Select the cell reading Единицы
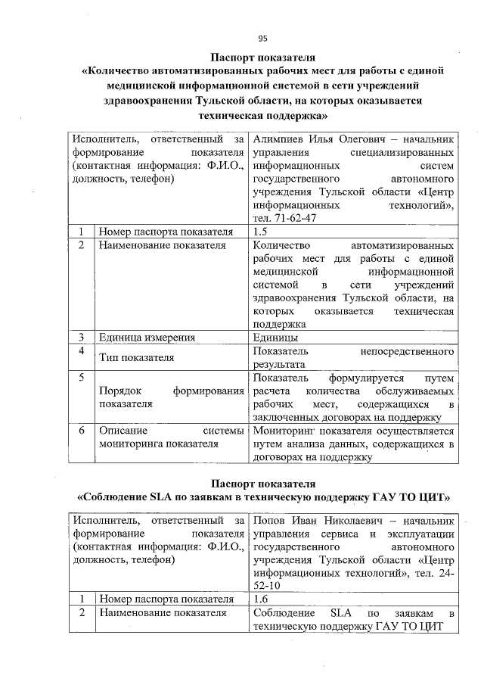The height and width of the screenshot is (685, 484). point(275,338)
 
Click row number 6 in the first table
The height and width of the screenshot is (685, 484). point(82,429)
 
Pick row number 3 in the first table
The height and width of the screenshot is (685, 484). point(82,338)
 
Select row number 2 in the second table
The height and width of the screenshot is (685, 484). point(82,612)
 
